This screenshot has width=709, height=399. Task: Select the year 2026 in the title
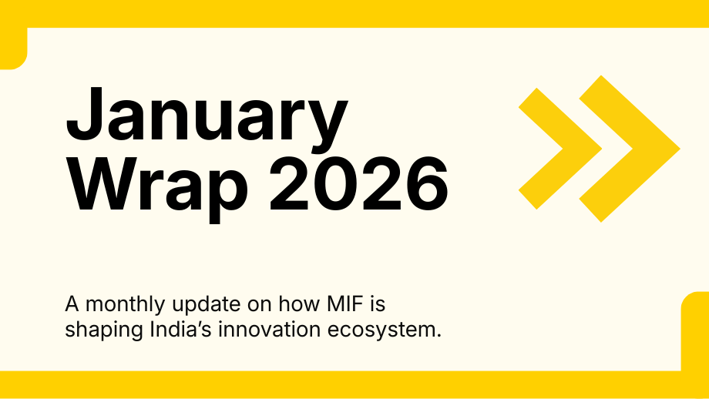point(358,184)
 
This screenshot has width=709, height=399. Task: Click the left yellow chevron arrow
point(560,149)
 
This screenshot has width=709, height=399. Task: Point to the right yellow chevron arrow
point(630,149)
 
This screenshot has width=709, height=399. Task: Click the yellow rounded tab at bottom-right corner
point(695,332)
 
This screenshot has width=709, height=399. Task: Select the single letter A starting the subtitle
point(72,304)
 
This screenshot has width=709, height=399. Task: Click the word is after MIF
point(378,303)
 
